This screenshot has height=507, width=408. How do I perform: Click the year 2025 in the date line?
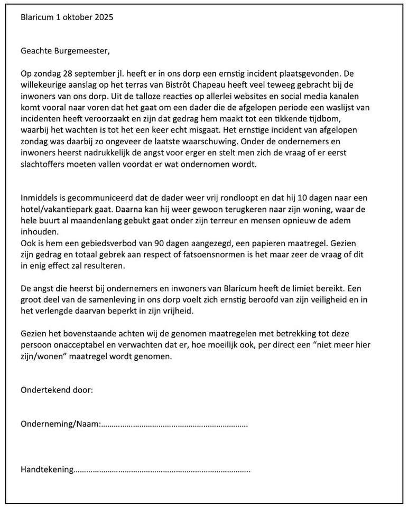click(x=104, y=17)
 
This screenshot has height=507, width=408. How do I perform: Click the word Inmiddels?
click(x=41, y=198)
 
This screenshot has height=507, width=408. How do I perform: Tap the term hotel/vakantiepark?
click(x=57, y=210)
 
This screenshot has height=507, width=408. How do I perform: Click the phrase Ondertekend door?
click(x=57, y=390)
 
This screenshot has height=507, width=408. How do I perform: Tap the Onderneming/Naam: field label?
click(x=60, y=424)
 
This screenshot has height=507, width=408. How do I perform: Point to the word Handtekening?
click(x=47, y=469)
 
